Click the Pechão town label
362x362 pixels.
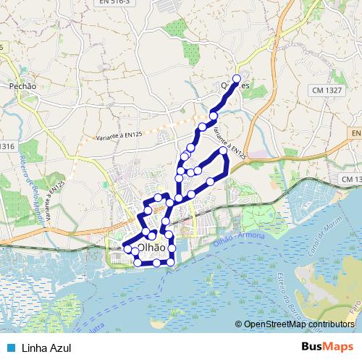tap(23, 86)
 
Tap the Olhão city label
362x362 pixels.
tap(151, 247)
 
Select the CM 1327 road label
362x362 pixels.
tap(327, 90)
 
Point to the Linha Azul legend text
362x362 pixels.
tap(47, 348)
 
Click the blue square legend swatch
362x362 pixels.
tap(10, 348)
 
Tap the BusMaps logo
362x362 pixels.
tap(327, 348)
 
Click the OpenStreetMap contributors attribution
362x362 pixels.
tap(299, 324)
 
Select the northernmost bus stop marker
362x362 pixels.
tap(236, 79)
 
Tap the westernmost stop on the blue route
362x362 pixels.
tap(127, 249)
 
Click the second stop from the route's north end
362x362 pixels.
tap(214, 116)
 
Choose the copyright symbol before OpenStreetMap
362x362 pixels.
tap(239, 325)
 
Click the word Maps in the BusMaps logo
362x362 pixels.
tap(340, 348)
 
